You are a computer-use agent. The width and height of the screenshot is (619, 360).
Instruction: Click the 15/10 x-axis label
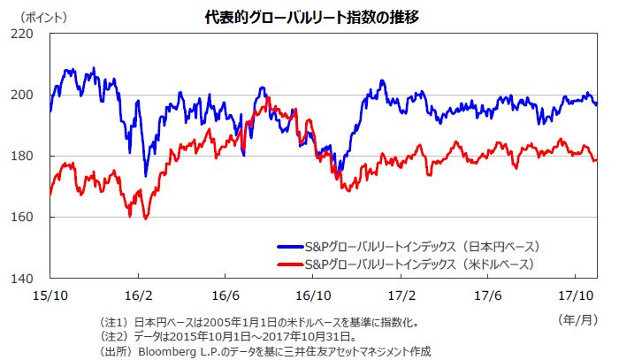click(x=50, y=293)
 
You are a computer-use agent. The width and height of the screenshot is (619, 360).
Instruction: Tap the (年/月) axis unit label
click(x=577, y=316)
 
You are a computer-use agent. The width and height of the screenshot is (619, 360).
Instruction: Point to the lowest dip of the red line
click(x=145, y=218)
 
